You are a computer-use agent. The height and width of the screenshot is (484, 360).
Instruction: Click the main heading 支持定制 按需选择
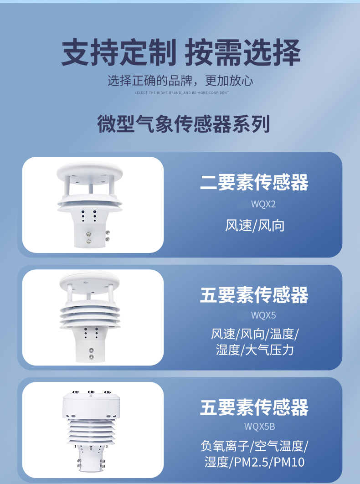pos(180,52)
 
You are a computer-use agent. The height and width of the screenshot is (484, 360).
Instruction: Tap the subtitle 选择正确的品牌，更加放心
pos(180,81)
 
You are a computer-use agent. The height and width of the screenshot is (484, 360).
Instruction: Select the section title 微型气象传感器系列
pos(184,124)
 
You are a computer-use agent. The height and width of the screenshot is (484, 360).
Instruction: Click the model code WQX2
pos(263,204)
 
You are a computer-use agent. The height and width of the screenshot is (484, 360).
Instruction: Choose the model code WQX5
pos(263,315)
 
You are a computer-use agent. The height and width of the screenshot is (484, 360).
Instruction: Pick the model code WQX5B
pos(259,427)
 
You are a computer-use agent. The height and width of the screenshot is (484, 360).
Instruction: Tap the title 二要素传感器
pos(254,182)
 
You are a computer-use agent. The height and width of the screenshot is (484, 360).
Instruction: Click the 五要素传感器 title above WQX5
pos(254,295)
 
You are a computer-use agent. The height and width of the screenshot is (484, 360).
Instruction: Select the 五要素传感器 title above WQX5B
pos(254,407)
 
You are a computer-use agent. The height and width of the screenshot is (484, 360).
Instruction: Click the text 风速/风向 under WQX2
pos(254,226)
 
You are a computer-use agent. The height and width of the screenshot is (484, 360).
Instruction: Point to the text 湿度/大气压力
pos(255,350)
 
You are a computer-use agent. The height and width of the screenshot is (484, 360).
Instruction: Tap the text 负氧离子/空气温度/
pos(254,446)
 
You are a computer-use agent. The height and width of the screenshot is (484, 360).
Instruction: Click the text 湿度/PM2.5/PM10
pos(254,462)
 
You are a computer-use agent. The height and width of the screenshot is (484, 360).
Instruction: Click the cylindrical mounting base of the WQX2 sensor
pos(90,236)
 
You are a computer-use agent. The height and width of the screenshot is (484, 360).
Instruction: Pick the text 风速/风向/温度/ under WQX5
pos(255,334)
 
